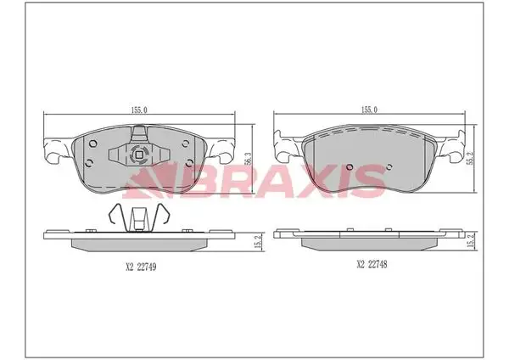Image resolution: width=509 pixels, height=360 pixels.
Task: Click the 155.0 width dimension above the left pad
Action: pos(139,110)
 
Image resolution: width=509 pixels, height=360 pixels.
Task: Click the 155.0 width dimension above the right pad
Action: pos(369,110)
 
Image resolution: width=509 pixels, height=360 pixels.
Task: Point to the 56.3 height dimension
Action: pos(248,160)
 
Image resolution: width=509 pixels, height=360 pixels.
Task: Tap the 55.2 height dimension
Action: pos(469,158)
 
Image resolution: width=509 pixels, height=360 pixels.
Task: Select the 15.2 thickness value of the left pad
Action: pos(258,242)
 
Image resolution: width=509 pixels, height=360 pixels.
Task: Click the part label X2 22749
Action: pos(141,267)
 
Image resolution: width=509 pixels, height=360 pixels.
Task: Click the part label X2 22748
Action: pos(372,264)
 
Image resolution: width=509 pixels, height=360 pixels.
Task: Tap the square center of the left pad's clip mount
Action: pos(138,155)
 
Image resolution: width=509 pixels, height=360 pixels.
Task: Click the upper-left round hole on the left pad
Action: pos(92,143)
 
